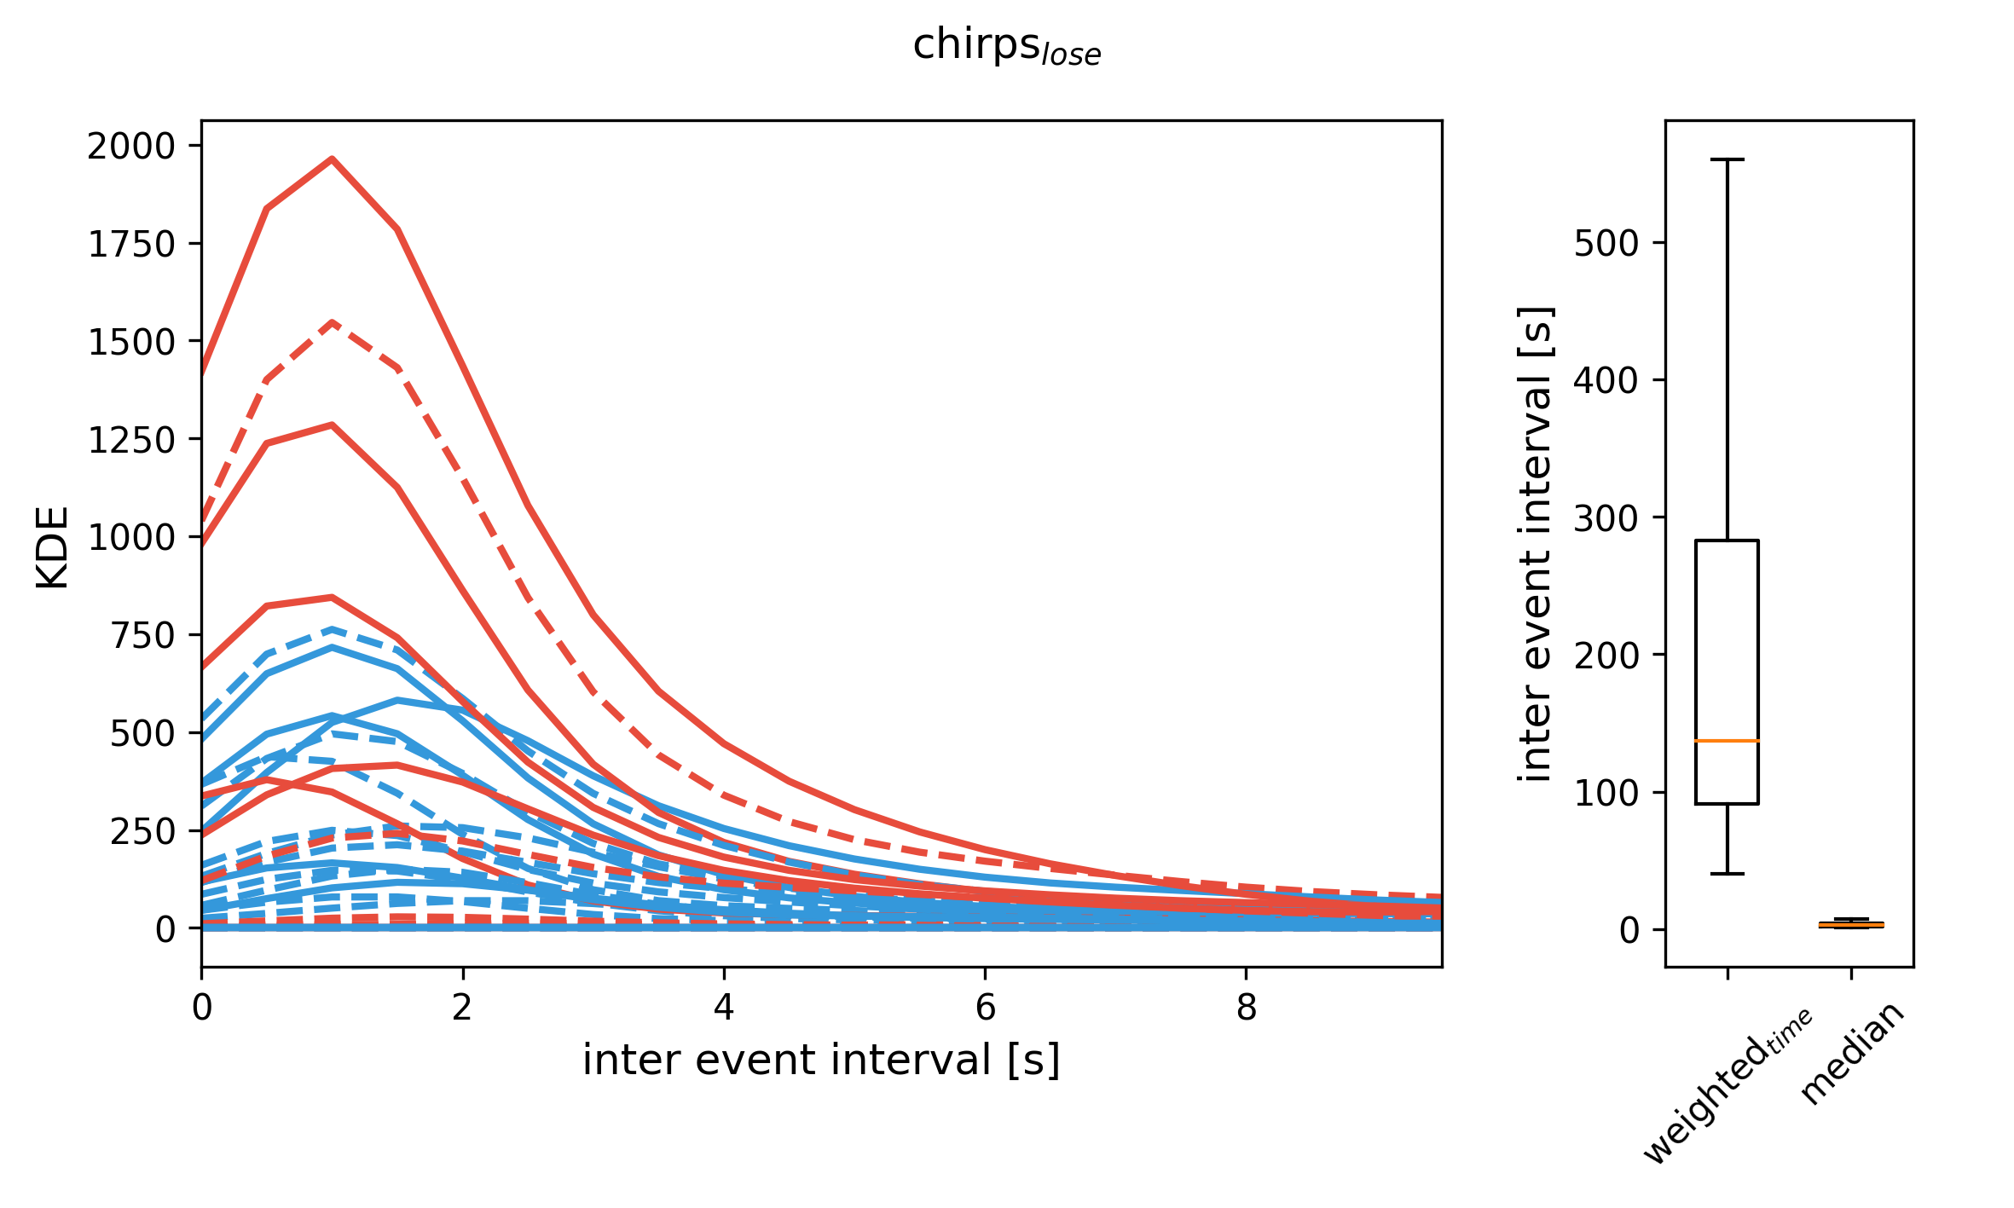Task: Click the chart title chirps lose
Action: (1006, 46)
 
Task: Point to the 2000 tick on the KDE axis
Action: (131, 147)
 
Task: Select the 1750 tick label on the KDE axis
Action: (131, 245)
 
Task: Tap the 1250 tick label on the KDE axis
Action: (131, 441)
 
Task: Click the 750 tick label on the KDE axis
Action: (142, 636)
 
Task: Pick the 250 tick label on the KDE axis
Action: (142, 832)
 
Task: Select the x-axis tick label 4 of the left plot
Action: (724, 1009)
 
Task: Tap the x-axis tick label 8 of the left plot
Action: (1247, 1009)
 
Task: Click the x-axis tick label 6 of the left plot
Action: (985, 1009)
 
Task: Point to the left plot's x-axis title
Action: (821, 1061)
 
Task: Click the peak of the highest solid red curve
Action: (332, 159)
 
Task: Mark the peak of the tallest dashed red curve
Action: (333, 322)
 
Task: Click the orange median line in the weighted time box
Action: (1727, 741)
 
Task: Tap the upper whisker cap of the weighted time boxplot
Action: (1727, 159)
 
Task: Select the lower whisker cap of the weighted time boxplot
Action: (1727, 874)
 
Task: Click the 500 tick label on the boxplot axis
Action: (1606, 244)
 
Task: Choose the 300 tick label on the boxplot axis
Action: (1606, 518)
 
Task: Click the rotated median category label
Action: (1851, 1054)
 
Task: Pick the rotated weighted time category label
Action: (1728, 1086)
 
